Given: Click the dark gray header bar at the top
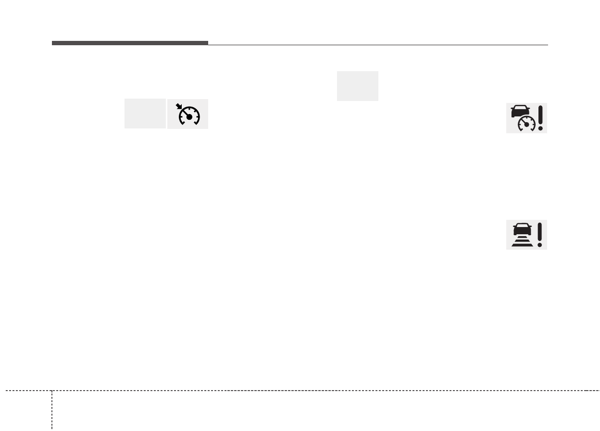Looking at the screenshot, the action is click(130, 43).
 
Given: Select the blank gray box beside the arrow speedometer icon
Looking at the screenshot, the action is click(145, 114).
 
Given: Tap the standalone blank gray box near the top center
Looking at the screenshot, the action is click(357, 86).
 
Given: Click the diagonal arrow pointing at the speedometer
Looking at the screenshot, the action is click(179, 107).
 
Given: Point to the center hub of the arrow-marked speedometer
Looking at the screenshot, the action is click(189, 117).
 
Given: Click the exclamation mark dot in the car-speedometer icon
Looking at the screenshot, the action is click(541, 128).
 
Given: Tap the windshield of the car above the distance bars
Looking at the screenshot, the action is click(521, 226).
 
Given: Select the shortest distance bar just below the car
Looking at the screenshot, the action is click(521, 237).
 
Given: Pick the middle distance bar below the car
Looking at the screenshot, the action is click(521, 241).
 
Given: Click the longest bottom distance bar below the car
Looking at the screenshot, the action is click(521, 245).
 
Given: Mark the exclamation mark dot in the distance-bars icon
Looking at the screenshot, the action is click(540, 245).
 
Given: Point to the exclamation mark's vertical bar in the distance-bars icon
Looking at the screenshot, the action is click(540, 232).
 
